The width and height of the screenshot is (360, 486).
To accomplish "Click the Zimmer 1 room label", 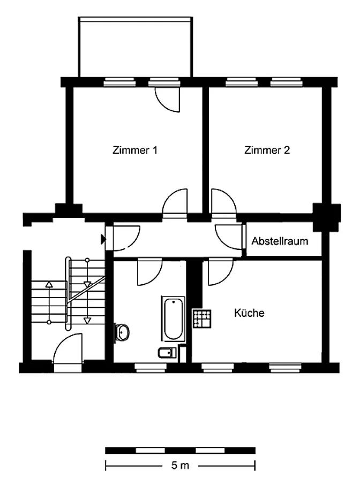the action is tap(134, 150).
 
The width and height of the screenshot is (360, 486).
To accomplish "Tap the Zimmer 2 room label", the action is tap(267, 150).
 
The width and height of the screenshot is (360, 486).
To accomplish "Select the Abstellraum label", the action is tap(280, 241).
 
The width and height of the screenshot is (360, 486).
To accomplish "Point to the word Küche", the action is tap(249, 313).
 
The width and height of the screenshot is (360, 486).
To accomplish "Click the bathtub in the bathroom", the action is tap(173, 318).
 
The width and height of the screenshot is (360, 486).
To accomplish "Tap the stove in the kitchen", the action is tap(202, 318).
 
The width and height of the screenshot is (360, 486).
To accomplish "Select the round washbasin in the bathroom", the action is tap(122, 332).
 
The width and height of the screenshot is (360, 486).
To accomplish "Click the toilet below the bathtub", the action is tap(167, 353).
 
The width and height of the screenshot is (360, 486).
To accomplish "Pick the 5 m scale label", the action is tap(180, 466).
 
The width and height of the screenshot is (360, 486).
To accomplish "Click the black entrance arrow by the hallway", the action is tap(103, 239).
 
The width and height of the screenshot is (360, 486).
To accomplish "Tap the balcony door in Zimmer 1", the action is tap(168, 100).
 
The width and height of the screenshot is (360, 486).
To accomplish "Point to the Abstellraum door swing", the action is tap(229, 237).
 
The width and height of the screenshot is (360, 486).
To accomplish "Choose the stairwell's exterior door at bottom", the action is tap(68, 353).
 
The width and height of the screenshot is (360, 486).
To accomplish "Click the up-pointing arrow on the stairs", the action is tap(49, 302).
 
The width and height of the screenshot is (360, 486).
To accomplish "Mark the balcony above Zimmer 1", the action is tap(136, 47).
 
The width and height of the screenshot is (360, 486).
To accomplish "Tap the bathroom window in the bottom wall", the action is tap(151, 368).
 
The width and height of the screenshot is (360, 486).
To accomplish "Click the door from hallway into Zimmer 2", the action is tap(224, 201).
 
